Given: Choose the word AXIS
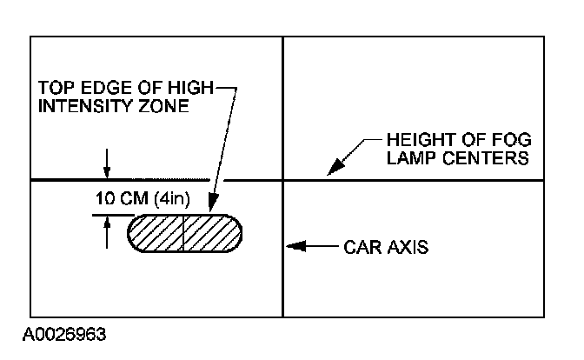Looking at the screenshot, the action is [408, 247].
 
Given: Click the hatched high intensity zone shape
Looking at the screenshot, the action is [184, 233].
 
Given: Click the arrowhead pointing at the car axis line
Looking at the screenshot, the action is [294, 247].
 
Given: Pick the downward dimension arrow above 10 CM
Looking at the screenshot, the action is [106, 171].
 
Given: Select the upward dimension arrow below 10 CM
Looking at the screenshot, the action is [106, 224].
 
